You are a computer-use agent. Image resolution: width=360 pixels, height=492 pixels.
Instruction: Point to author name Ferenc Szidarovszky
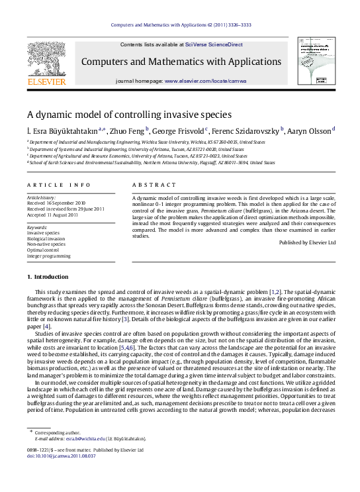click(x=247, y=130)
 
